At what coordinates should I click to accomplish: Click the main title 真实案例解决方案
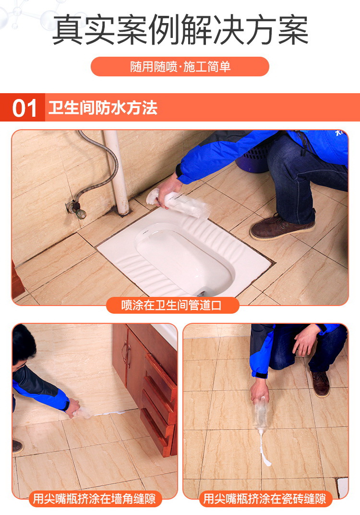tap(180, 30)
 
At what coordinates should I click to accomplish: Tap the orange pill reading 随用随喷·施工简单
tap(180, 67)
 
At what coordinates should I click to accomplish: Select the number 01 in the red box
tap(24, 109)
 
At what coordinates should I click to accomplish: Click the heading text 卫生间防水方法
tap(103, 108)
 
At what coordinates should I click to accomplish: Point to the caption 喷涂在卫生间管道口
tap(172, 305)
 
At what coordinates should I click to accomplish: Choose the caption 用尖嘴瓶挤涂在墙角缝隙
tap(94, 499)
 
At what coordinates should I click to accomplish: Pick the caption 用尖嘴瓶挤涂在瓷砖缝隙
tap(264, 499)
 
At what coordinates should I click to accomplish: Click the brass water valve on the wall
tap(77, 208)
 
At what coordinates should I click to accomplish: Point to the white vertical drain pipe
tap(118, 172)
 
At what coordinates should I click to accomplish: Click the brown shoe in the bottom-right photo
tap(320, 384)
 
